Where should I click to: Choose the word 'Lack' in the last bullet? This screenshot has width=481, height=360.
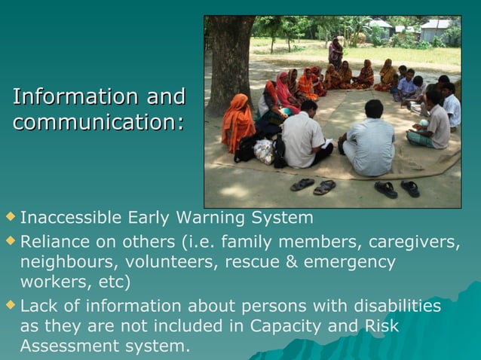[x=38, y=307]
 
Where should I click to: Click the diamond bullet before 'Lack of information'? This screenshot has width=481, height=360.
[x=9, y=306]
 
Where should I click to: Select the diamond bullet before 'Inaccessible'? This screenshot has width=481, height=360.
[x=9, y=218]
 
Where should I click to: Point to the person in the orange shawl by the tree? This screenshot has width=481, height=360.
[x=237, y=124]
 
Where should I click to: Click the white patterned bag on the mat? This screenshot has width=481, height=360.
[x=264, y=151]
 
